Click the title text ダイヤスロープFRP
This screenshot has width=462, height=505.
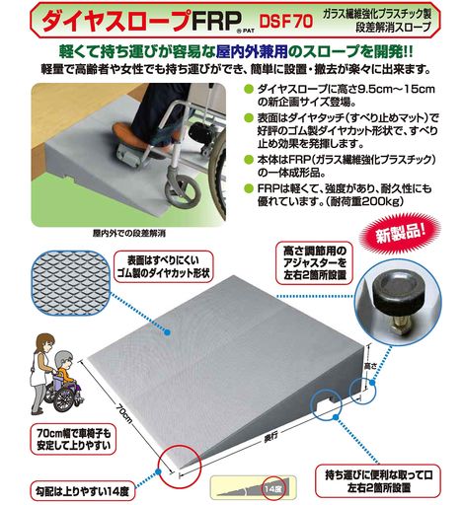click(x=138, y=21)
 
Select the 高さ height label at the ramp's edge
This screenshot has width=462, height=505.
click(x=370, y=365)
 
